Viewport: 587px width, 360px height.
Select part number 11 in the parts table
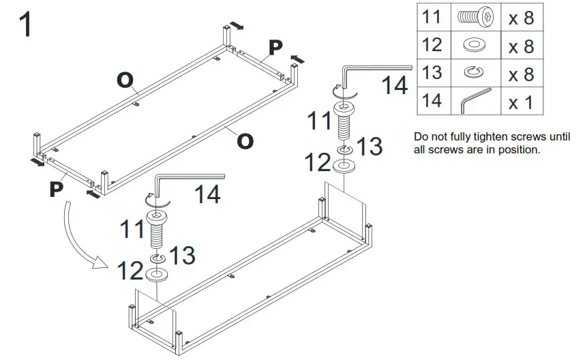[432, 17]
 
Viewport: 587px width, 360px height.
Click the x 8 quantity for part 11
[521, 18]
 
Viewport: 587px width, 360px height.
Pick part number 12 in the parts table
[432, 45]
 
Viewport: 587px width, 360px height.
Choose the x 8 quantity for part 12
[521, 46]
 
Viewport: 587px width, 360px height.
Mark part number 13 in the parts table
[432, 73]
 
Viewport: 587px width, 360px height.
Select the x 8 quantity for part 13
[521, 74]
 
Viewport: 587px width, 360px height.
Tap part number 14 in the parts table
[432, 101]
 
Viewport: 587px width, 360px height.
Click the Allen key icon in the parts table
[475, 100]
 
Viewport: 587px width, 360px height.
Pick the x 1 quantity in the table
[521, 102]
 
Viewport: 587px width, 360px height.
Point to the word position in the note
[520, 149]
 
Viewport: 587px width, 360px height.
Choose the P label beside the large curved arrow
[58, 188]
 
